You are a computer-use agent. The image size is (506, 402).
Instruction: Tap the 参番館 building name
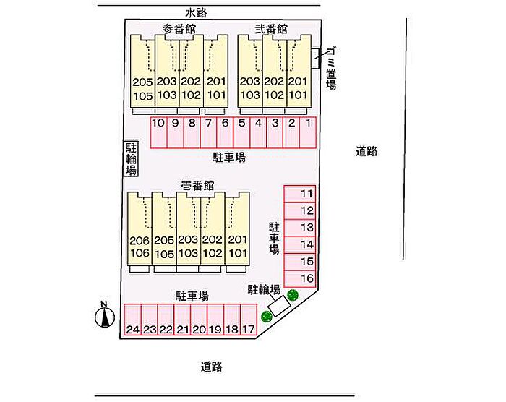point(179,29)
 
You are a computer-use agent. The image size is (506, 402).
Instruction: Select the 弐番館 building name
point(271,29)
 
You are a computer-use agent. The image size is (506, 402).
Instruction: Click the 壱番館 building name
point(197,186)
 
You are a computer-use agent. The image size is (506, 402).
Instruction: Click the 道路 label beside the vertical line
point(367,151)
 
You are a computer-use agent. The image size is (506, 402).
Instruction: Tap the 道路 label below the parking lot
point(212,367)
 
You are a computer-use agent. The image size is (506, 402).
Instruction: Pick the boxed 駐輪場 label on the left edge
point(132,158)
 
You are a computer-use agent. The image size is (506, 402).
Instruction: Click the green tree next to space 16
point(293,294)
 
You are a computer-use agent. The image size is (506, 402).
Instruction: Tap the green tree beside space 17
point(266,316)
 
